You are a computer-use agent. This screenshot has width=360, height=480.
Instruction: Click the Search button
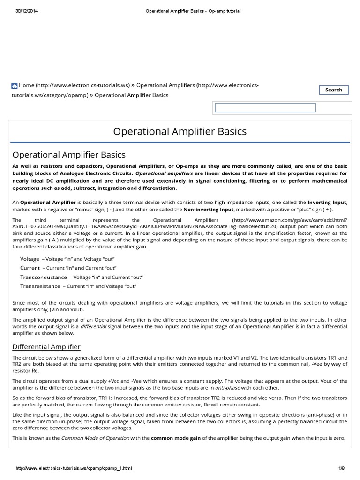pos(333,90)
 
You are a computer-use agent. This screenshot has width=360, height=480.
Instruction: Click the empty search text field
pos(265,108)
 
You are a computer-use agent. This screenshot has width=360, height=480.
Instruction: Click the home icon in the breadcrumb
pos(15,86)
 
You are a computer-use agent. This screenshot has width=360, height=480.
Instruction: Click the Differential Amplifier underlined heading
pos(46,347)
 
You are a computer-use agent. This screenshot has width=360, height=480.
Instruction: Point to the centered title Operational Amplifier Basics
pos(180,131)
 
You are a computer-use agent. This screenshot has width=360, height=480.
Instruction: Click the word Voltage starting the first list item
pos(30,259)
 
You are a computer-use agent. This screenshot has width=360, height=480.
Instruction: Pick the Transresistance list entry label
pos(40,286)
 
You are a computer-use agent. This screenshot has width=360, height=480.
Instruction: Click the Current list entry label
pos(30,268)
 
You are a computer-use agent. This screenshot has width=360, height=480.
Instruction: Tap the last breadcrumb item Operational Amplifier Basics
pos(135,95)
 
